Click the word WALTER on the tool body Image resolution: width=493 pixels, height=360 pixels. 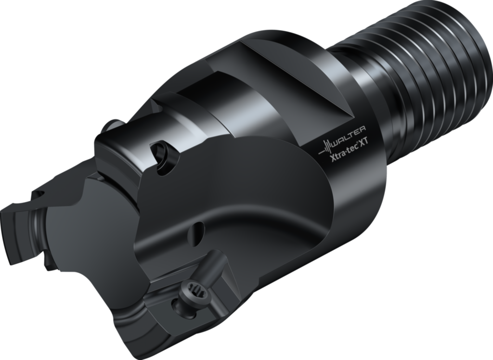pyautogui.click(x=350, y=133)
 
